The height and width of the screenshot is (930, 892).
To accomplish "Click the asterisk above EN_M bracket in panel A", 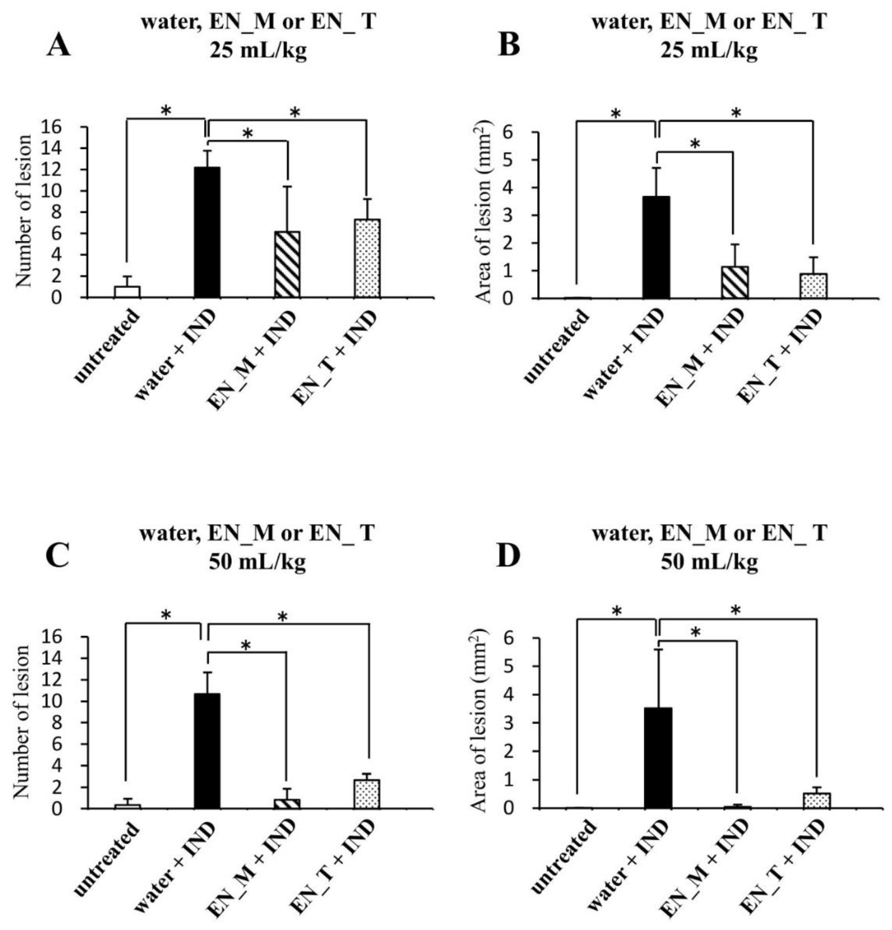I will pyautogui.click(x=248, y=134).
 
